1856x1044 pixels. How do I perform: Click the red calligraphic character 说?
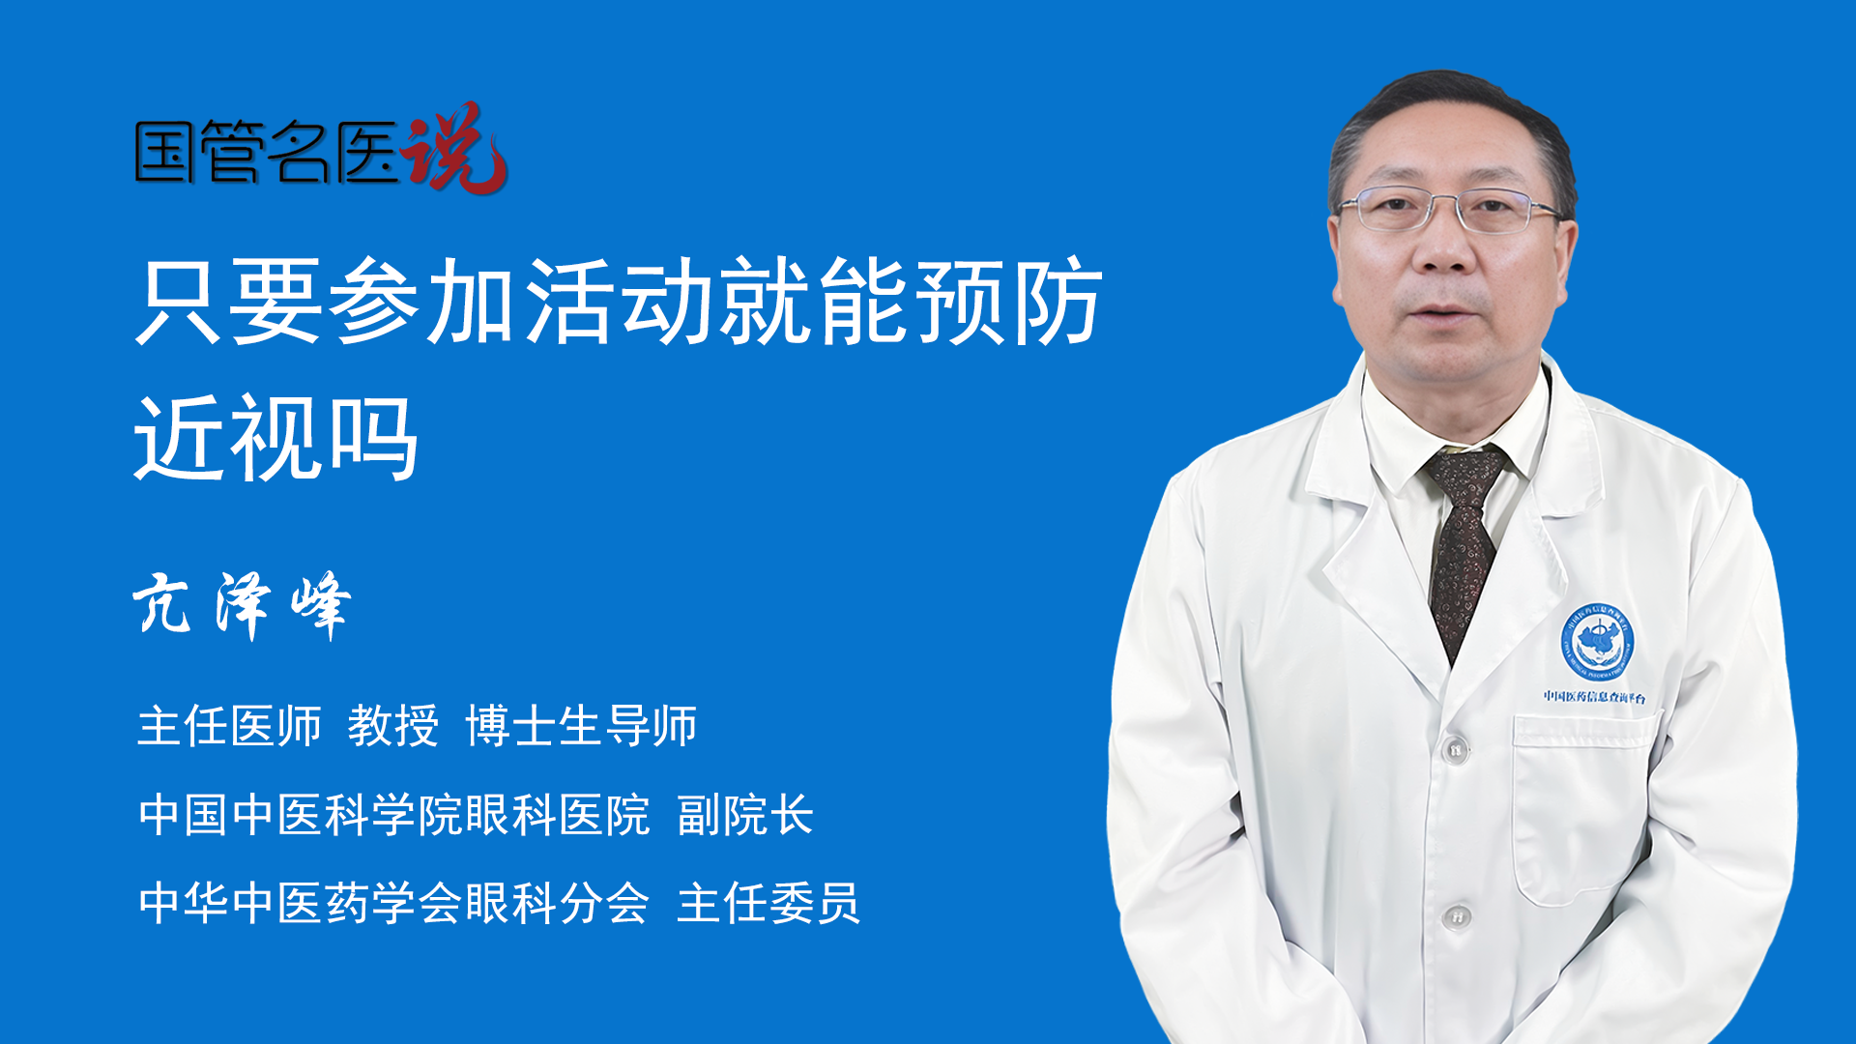453,148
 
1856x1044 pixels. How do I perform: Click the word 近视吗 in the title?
276,438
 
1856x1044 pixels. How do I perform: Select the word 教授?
393,725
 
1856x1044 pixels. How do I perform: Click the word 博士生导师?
581,725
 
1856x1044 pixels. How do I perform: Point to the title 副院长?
745,815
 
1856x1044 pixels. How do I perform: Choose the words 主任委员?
768,903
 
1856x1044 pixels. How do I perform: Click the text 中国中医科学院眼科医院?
394,815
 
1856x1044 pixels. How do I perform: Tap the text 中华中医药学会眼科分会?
394,903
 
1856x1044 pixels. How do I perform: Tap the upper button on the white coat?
1455,749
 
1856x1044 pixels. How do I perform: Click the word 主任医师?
229,725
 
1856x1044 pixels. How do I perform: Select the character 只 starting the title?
180,301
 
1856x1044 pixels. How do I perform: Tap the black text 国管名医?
267,152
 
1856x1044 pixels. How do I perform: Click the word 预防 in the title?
1009,301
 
